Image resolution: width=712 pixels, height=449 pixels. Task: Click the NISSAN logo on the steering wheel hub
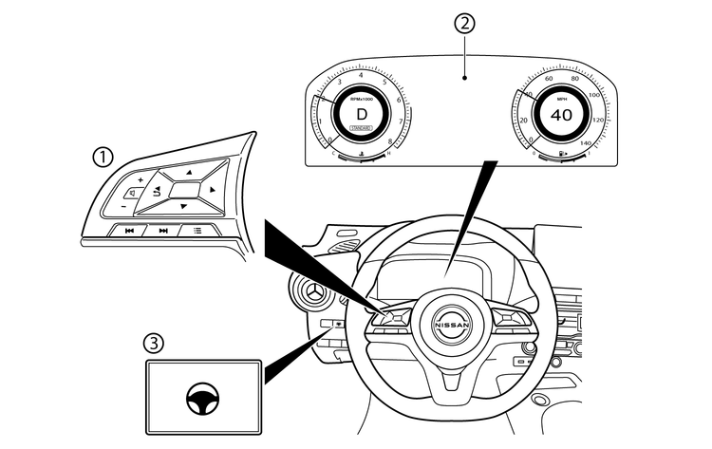coord(452,325)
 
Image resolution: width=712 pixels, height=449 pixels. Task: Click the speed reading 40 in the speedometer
coord(561,114)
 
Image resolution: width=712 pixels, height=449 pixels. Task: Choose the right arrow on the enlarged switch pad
coord(213,190)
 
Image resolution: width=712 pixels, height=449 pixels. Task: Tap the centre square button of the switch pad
coord(186,188)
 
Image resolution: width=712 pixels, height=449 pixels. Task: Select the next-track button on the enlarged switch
coord(162,231)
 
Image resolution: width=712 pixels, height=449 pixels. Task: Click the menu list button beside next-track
coord(197,230)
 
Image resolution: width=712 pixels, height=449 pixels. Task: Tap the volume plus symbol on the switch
coord(140,179)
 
